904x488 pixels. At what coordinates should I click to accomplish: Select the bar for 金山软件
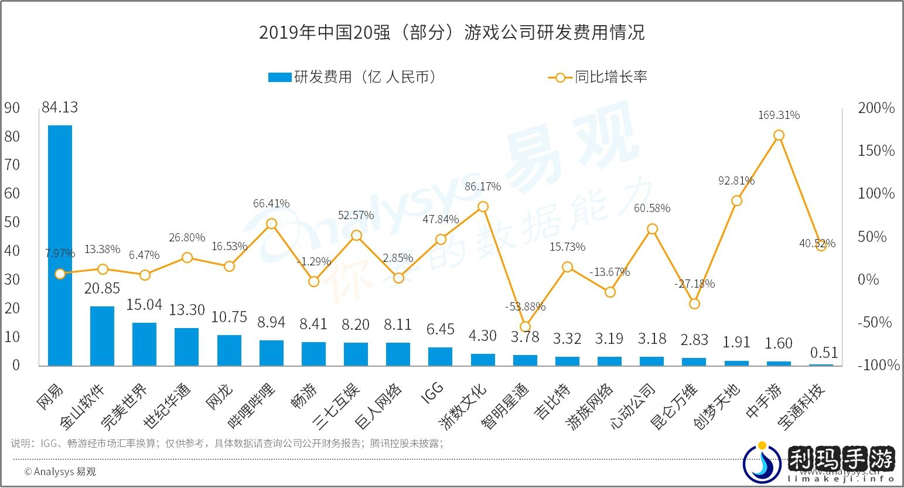pos(102,336)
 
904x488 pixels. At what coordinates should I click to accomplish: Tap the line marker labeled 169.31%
pos(779,135)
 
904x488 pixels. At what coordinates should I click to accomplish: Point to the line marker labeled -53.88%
pos(525,327)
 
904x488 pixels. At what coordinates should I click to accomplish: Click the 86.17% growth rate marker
pos(483,207)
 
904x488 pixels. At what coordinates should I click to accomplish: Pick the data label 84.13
pos(59,108)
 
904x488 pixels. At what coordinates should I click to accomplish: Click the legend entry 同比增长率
pos(598,77)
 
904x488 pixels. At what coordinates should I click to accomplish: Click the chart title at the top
pos(452,32)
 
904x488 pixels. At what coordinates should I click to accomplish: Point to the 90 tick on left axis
pos(12,108)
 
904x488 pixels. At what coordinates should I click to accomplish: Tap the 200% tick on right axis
pos(876,108)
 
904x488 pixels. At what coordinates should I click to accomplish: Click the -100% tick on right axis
pos(878,365)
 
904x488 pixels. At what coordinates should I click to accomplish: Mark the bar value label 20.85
pos(101,288)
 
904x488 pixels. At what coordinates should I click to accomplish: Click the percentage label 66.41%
pos(271,204)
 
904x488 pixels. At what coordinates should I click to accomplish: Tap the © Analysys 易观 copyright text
pos(60,472)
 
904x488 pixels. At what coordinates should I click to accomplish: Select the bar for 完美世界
pos(144,344)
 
